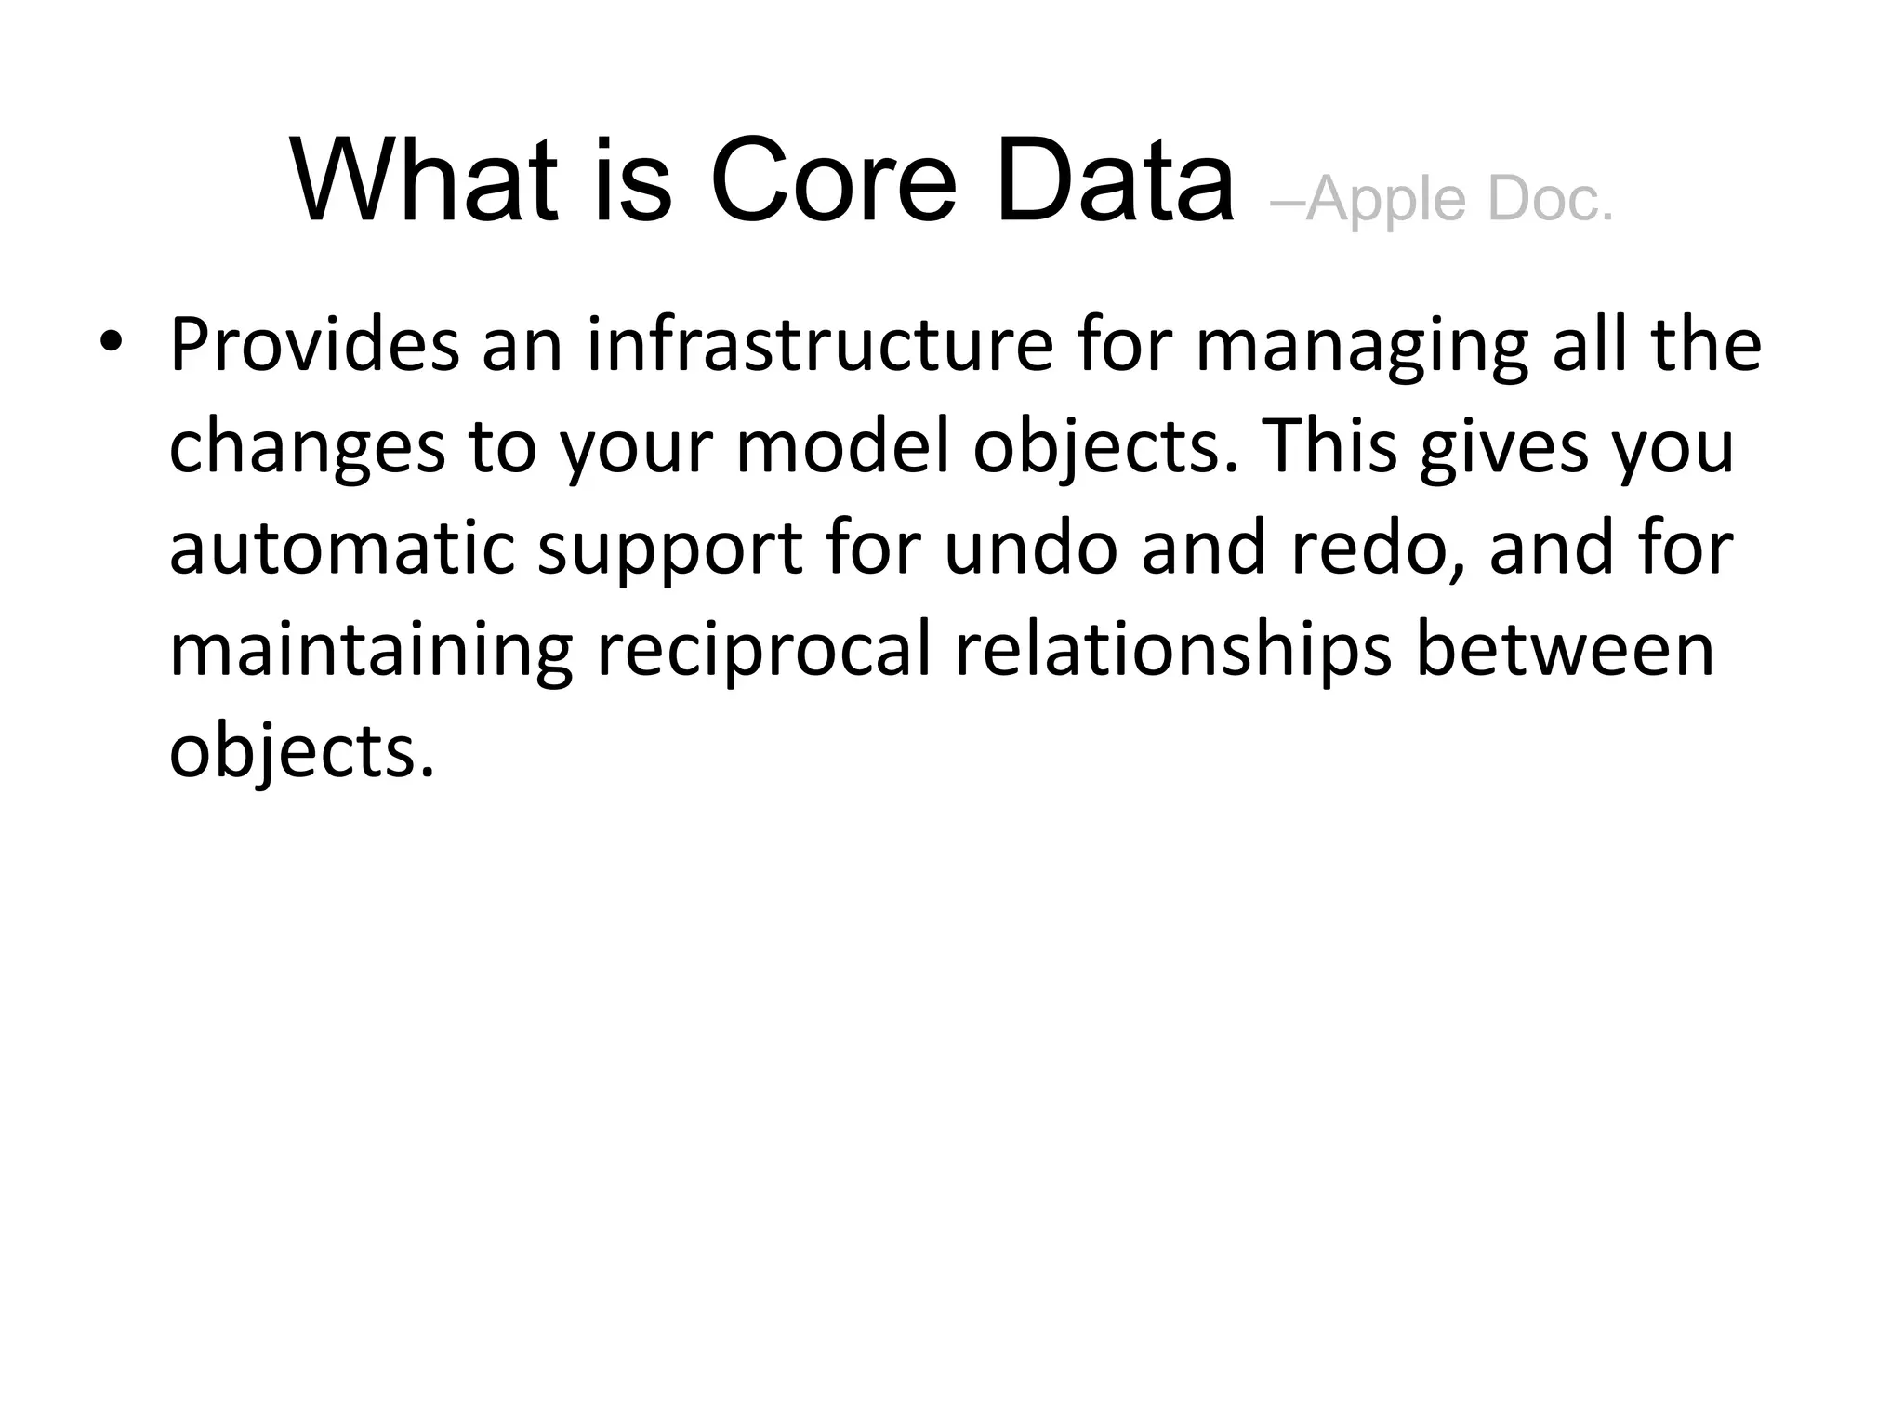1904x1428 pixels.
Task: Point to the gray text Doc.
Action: [1550, 199]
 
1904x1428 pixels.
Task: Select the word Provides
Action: [314, 345]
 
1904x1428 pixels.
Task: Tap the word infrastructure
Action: [820, 345]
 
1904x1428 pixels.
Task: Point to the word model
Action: [843, 446]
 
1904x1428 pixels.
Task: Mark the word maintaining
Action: [370, 652]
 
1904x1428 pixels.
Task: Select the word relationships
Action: [1173, 652]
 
